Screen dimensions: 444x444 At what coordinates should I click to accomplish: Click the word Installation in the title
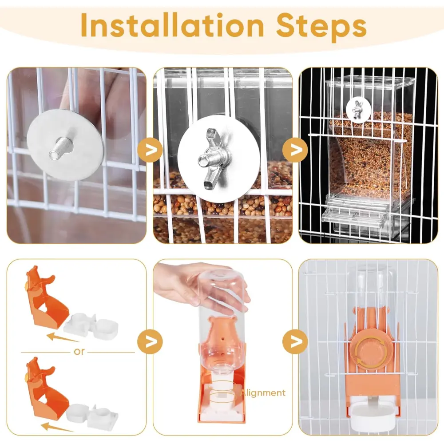coord(172,25)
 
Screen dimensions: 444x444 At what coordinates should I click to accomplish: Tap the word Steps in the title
coord(321,27)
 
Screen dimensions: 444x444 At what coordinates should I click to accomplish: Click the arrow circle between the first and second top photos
coord(150,150)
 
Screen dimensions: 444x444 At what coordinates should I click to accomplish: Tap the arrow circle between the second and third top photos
coord(295,150)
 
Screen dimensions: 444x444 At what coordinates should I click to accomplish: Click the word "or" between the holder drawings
coord(79,352)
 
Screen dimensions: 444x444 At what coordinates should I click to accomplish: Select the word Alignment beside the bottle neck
coord(263,393)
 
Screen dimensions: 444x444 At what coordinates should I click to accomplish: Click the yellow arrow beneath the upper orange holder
coord(62,338)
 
